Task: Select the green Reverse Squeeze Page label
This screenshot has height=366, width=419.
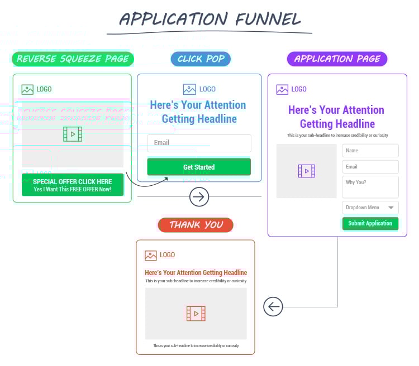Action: click(73, 59)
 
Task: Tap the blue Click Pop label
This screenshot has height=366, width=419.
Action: click(201, 59)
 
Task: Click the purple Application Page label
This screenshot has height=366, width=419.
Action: click(337, 59)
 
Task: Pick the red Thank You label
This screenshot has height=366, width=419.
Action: click(196, 225)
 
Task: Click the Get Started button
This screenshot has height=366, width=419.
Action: click(199, 167)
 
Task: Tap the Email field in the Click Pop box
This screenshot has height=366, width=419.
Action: click(199, 143)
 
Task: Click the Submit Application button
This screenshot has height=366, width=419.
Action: click(370, 223)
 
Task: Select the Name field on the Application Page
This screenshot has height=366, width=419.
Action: click(370, 151)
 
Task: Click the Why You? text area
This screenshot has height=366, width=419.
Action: click(370, 186)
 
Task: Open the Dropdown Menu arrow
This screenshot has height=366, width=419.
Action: click(391, 208)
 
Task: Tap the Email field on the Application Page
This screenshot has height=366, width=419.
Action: click(370, 167)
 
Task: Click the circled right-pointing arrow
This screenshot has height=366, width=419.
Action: click(199, 196)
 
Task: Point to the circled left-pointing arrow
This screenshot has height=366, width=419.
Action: click(273, 306)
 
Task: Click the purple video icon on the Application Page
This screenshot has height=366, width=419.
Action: click(307, 171)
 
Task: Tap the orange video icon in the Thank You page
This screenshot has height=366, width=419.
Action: click(196, 314)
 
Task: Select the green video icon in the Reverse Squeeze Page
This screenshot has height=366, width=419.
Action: click(73, 134)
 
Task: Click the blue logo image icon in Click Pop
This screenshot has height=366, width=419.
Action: click(189, 89)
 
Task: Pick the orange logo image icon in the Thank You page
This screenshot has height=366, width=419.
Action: click(151, 256)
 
